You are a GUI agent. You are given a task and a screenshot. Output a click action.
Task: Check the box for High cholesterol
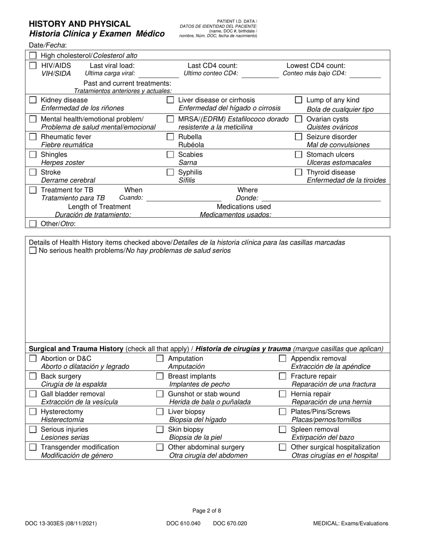point(33,56)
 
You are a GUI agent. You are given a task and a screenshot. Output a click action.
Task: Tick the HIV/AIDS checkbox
point(33,66)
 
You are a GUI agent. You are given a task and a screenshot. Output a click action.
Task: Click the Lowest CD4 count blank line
point(365,77)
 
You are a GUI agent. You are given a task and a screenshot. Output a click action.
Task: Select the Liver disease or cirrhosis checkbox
point(170,100)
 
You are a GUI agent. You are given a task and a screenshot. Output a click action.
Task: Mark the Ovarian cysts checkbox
point(299,119)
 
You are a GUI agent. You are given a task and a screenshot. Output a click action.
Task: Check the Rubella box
point(170,137)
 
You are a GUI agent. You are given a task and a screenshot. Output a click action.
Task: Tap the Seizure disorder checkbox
point(299,137)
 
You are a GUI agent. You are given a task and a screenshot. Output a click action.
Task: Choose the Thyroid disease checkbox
point(299,172)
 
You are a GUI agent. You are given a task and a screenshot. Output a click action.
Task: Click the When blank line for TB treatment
point(184,200)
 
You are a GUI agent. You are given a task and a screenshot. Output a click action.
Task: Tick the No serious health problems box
point(33,250)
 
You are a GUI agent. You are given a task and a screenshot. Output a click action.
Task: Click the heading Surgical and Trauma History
point(76,349)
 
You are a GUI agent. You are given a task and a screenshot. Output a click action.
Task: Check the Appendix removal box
point(283,359)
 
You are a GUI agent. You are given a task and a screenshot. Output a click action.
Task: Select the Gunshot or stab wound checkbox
point(160,394)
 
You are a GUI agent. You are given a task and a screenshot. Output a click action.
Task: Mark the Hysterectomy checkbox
point(33,412)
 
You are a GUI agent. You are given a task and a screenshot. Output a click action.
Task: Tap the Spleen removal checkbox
point(283,429)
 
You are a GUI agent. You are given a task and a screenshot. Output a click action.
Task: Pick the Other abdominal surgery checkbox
point(160,447)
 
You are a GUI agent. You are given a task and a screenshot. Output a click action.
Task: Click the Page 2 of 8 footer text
point(207,511)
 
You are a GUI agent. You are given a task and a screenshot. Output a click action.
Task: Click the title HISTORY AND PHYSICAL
point(80,24)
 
